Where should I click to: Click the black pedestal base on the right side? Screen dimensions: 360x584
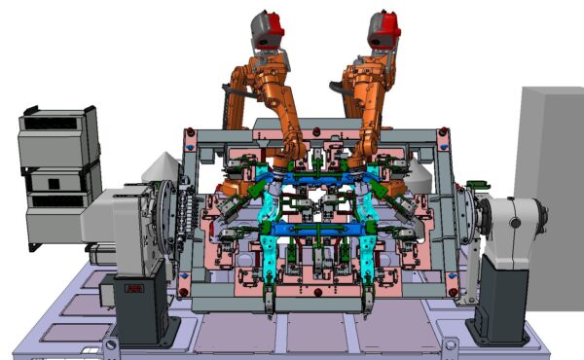point(498,302)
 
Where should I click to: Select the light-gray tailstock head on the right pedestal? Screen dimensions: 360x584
point(513,229)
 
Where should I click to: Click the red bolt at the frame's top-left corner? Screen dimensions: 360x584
point(191,131)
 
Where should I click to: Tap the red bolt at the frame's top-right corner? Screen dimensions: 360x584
point(443,130)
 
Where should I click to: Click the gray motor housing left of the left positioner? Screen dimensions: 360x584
point(96,214)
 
